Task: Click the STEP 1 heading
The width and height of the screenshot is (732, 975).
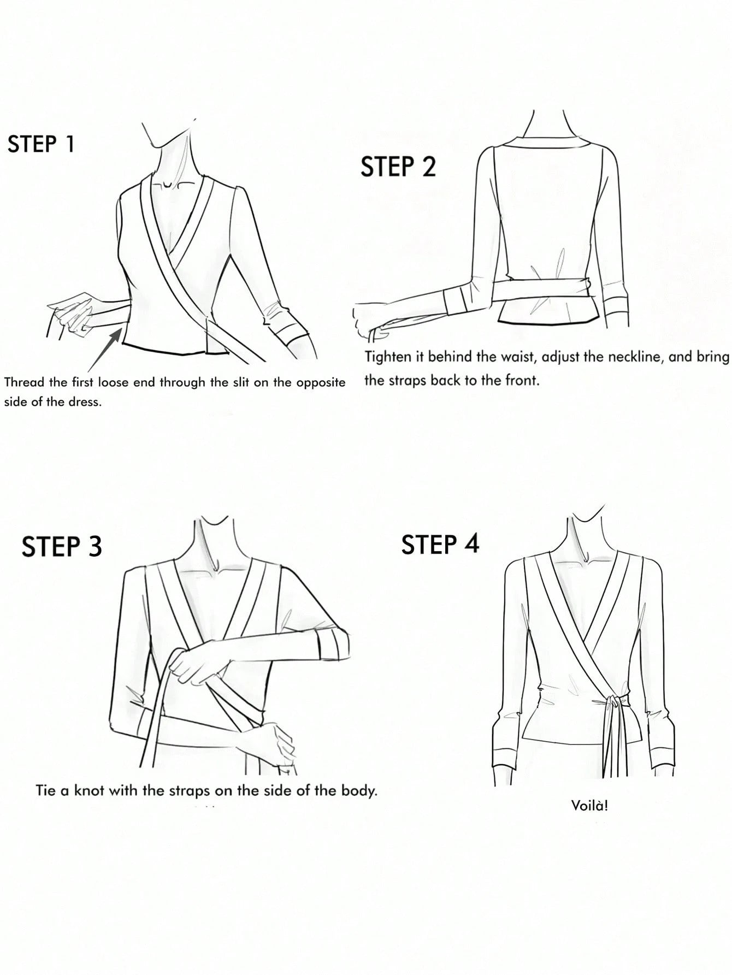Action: coord(41,144)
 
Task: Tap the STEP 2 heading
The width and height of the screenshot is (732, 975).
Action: coord(398,166)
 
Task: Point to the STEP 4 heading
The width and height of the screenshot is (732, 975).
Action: coord(440,544)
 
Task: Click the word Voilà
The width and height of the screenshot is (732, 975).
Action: coord(589,805)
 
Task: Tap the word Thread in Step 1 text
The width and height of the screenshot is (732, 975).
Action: coord(22,382)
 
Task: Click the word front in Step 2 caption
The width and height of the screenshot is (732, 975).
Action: coord(521,381)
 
